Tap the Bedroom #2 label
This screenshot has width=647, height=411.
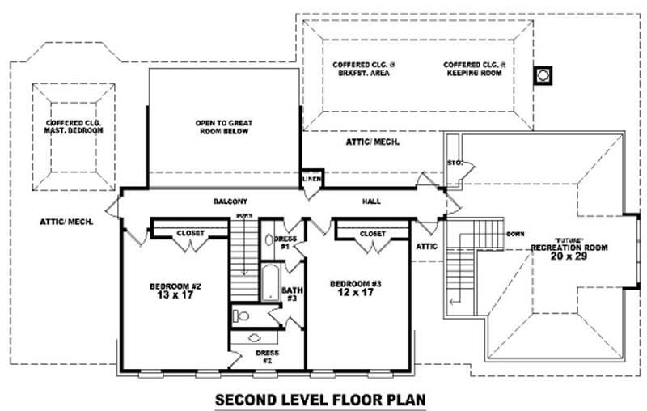click(175, 290)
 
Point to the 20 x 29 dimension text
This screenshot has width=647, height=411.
click(569, 256)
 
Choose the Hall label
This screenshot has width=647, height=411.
click(372, 201)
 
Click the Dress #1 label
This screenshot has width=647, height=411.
click(285, 242)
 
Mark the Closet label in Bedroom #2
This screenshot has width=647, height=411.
click(191, 233)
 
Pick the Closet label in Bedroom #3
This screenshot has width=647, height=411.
click(373, 233)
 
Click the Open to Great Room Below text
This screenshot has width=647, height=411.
click(221, 126)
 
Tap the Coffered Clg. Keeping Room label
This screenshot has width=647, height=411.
click(474, 68)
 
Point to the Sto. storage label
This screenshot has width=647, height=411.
click(454, 163)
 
